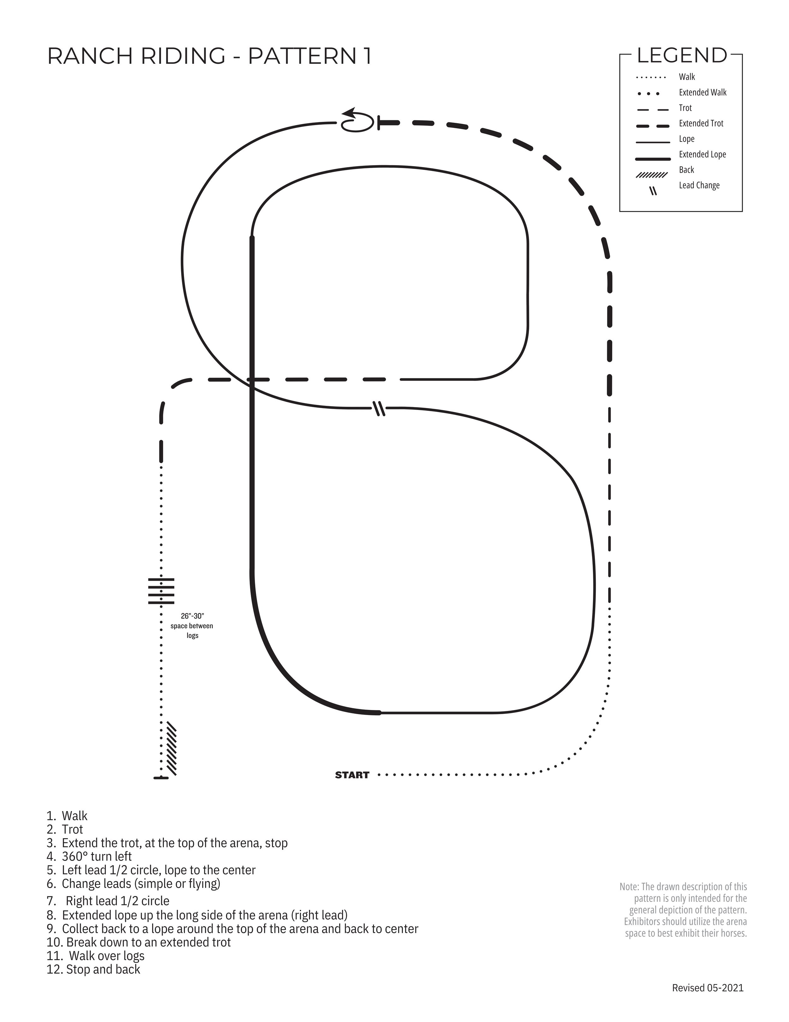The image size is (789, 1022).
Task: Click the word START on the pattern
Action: pyautogui.click(x=352, y=775)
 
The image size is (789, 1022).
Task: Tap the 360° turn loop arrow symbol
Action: pyautogui.click(x=356, y=121)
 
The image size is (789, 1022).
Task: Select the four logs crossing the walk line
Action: pyautogui.click(x=161, y=591)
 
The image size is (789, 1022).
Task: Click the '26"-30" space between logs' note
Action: pyautogui.click(x=192, y=626)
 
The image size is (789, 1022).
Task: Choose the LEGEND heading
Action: pyautogui.click(x=681, y=56)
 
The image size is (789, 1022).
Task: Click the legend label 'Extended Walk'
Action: pyautogui.click(x=703, y=93)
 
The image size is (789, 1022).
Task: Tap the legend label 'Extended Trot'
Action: pyautogui.click(x=701, y=123)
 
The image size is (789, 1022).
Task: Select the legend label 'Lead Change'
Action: pyautogui.click(x=699, y=185)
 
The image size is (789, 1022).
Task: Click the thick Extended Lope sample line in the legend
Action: pyautogui.click(x=652, y=159)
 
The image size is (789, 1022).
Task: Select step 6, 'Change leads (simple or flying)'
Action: pyautogui.click(x=140, y=883)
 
